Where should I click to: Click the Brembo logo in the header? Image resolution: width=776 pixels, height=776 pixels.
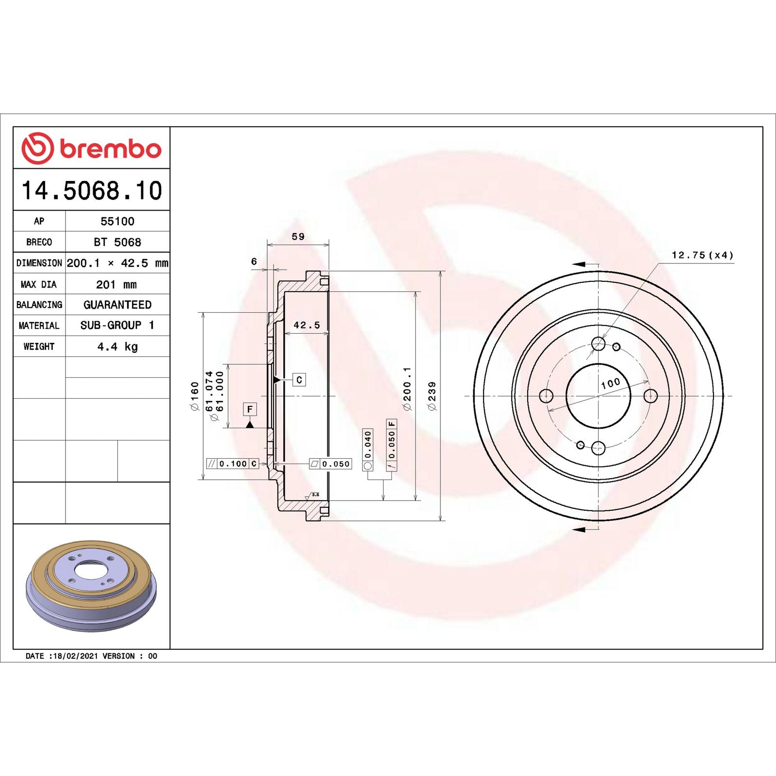click(91, 148)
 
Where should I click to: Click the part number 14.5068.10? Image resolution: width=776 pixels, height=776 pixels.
click(92, 190)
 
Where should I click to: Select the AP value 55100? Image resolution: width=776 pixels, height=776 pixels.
click(117, 221)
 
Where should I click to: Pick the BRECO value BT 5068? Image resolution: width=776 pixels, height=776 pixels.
click(117, 242)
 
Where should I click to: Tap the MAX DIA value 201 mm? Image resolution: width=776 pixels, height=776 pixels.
click(116, 285)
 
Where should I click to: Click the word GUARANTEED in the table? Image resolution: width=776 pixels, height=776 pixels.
click(117, 305)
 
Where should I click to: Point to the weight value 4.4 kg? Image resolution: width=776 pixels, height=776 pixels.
click(117, 346)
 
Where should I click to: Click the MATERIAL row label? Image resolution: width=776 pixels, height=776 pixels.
click(39, 325)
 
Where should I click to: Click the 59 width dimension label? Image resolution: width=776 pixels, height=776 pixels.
click(298, 237)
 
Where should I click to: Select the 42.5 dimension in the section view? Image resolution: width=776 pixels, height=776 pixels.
click(307, 325)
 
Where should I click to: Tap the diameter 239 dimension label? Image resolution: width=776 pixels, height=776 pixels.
click(432, 396)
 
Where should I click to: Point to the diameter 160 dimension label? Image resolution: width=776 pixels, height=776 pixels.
click(194, 396)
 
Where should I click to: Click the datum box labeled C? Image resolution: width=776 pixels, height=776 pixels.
click(299, 380)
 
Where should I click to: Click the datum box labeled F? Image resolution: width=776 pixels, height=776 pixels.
click(250, 409)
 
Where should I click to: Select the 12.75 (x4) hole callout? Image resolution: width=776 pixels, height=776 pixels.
click(702, 255)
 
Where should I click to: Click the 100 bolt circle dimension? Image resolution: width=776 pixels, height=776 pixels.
click(610, 383)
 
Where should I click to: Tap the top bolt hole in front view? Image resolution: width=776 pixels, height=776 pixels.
click(598, 344)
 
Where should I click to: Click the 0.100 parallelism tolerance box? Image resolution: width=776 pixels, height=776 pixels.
click(233, 464)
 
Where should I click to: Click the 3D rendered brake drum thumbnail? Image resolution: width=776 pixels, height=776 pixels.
click(91, 586)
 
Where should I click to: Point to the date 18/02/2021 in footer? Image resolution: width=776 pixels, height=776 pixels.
click(75, 656)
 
